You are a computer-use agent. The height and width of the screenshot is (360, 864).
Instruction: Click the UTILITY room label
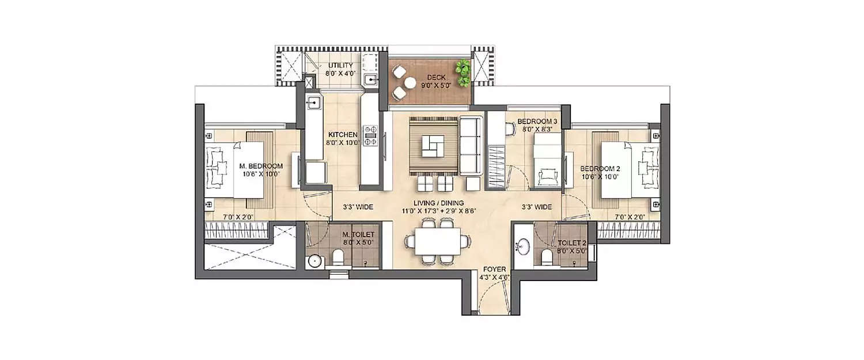tap(340, 66)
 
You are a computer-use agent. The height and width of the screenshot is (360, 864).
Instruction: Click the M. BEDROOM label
tap(261, 167)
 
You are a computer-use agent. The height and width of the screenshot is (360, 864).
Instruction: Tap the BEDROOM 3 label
tap(537, 122)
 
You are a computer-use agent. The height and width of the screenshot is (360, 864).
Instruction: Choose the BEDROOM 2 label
tap(600, 168)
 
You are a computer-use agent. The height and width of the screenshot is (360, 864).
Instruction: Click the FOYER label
tap(494, 269)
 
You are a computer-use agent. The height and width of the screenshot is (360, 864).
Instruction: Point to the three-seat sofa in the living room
tap(471, 145)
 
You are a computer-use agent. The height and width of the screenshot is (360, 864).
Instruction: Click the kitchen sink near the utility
tap(313, 103)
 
